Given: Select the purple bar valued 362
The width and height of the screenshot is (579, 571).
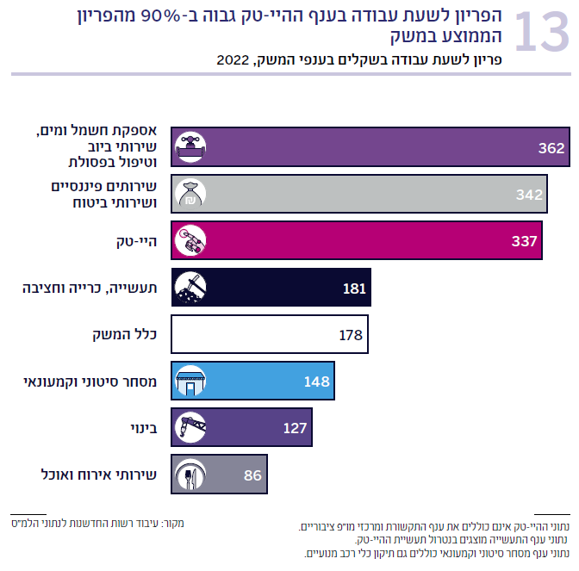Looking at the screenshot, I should pyautogui.click(x=370, y=147).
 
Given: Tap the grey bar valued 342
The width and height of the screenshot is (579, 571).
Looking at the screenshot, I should pyautogui.click(x=362, y=194).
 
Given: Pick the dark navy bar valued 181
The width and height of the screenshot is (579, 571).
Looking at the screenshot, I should pyautogui.click(x=271, y=288).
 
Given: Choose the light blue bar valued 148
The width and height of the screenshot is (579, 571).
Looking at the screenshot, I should pyautogui.click(x=254, y=381).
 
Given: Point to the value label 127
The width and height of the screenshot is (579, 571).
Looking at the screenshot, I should pyautogui.click(x=296, y=427).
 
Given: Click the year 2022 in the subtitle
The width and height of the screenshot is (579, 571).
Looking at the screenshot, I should pyautogui.click(x=233, y=60).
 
